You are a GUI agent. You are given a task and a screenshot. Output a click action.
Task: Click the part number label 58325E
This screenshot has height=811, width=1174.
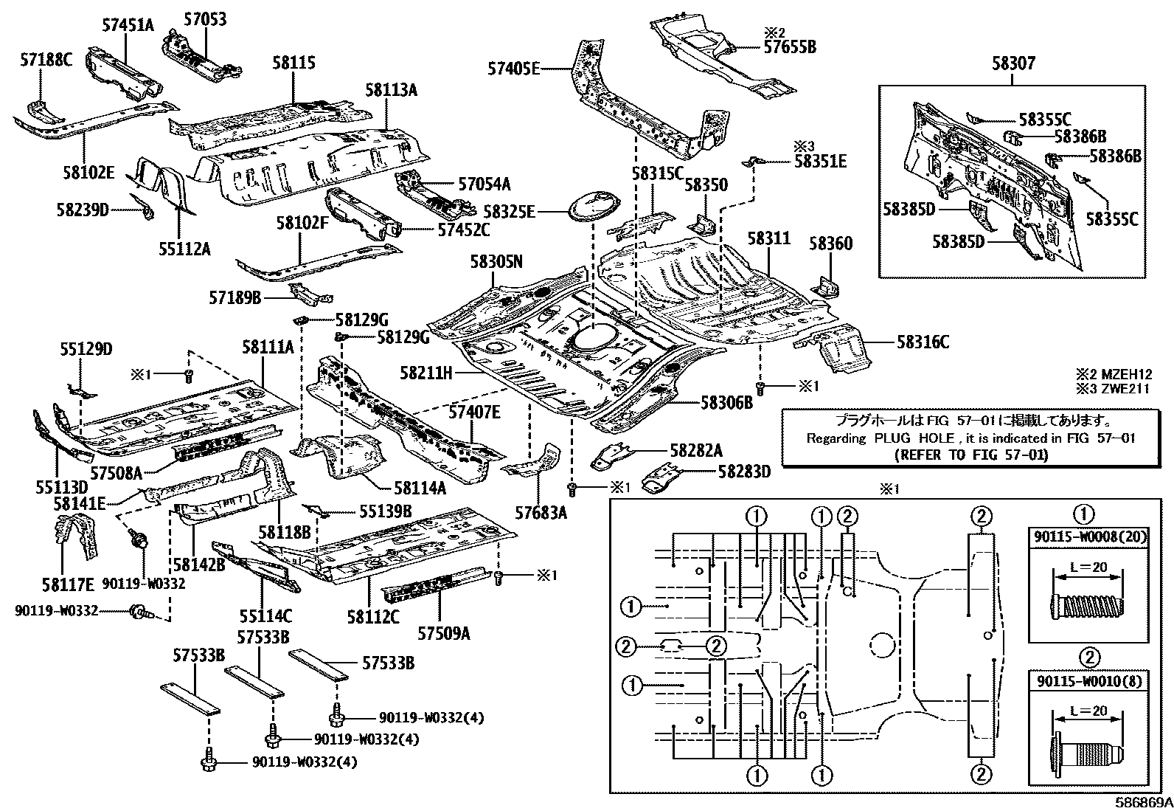pyautogui.click(x=509, y=213)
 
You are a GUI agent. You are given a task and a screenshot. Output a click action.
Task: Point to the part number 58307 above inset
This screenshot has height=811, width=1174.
pyautogui.click(x=1013, y=64)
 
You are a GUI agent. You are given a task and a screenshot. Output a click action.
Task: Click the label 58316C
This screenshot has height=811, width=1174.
pyautogui.click(x=923, y=342)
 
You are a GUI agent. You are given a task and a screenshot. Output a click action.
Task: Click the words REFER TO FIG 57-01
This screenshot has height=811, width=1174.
pyautogui.click(x=970, y=455)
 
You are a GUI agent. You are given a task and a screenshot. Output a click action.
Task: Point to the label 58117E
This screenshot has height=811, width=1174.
pyautogui.click(x=68, y=585)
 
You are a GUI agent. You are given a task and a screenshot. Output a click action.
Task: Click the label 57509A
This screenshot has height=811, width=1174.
pyautogui.click(x=444, y=633)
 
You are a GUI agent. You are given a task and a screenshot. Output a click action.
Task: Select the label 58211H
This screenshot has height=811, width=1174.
pyautogui.click(x=426, y=373)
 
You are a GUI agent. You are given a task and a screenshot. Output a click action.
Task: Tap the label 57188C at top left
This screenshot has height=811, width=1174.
pyautogui.click(x=46, y=61)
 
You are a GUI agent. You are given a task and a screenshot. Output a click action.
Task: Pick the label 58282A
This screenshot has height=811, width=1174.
pyautogui.click(x=696, y=450)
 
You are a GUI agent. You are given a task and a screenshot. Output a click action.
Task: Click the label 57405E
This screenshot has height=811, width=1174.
pyautogui.click(x=513, y=69)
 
